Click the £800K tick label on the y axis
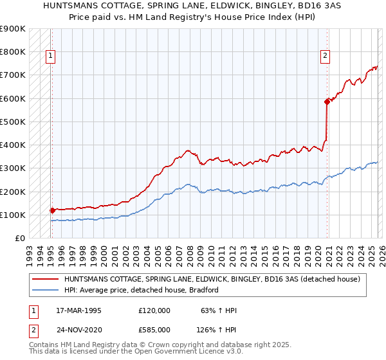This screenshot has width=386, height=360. (13, 52)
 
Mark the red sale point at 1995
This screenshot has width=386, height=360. (52, 210)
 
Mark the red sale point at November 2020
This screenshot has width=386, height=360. (327, 101)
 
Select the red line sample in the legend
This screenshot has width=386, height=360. (46, 280)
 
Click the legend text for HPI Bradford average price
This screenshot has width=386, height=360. (142, 290)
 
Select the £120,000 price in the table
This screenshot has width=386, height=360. (154, 311)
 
